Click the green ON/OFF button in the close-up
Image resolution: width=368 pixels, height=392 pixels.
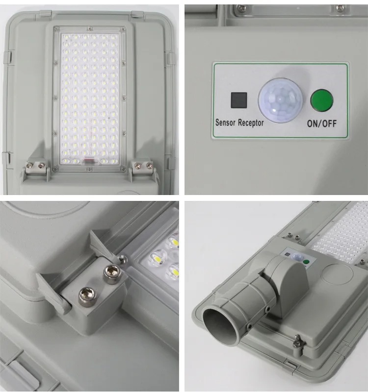[x=321, y=100]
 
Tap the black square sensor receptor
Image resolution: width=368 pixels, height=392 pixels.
[x=239, y=100]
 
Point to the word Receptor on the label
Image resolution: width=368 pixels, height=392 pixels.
[x=251, y=123]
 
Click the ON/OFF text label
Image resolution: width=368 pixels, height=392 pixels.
[x=321, y=123]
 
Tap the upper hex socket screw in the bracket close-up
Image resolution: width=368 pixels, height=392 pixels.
[x=112, y=270]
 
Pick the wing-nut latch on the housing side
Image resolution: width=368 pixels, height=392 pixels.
[x=298, y=342]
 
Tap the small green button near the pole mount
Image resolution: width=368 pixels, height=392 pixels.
[x=306, y=262]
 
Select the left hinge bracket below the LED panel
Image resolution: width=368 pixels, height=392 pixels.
[x=38, y=168]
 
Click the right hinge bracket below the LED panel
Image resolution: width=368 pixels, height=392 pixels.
[x=143, y=167]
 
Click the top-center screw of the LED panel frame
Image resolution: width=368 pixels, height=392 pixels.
[x=89, y=28]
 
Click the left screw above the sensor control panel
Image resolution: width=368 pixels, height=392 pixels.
[x=240, y=8]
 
